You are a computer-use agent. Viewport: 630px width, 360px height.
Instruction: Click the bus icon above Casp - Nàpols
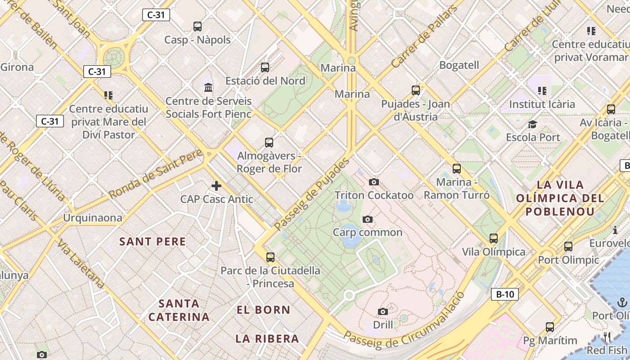(198, 27)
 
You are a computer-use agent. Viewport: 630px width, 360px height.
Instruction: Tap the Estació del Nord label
(265, 81)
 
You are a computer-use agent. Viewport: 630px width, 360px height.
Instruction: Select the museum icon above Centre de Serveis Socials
(208, 87)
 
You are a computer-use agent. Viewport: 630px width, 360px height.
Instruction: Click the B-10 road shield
(504, 295)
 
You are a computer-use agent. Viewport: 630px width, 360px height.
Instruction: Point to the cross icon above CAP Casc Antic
(216, 185)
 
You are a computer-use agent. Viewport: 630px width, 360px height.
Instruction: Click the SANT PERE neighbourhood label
(153, 242)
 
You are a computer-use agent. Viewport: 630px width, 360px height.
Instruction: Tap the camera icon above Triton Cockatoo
(373, 182)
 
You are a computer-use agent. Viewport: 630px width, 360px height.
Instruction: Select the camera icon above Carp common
(368, 219)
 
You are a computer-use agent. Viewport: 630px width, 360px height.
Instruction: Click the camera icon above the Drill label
(383, 311)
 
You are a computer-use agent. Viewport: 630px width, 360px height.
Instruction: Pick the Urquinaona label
(92, 218)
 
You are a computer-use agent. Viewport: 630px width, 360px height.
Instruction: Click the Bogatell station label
(459, 65)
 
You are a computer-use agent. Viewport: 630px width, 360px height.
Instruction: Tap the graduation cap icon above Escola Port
(532, 124)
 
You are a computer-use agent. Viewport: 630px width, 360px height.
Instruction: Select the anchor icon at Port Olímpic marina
(622, 302)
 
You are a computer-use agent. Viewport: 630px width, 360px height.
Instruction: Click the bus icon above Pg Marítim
(550, 327)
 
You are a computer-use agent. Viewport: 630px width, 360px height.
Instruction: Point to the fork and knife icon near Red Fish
(607, 337)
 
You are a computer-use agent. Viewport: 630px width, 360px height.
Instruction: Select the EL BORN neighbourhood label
(264, 310)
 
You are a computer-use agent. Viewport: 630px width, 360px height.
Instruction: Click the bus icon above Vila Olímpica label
(494, 238)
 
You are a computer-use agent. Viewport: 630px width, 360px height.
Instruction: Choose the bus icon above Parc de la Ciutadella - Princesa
(270, 257)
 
